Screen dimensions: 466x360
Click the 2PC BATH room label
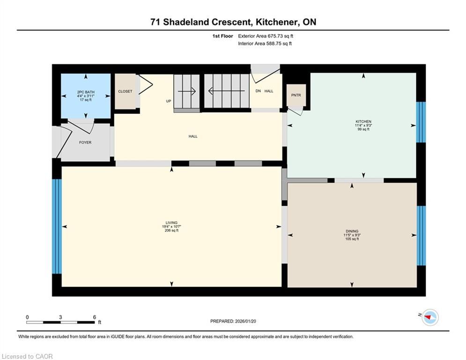pos(86,92)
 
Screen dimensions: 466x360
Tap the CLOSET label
pos(125,91)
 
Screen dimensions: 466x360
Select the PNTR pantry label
pos(296,95)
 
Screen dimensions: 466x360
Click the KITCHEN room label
pos(363,121)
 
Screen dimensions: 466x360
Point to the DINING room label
pos(352,231)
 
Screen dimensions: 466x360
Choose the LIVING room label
pos(171,223)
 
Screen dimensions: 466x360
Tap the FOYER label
pos(85,142)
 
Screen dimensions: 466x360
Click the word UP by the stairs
pos(169,101)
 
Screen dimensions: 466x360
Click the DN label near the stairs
pos(258,91)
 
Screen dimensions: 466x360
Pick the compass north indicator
pos(429,317)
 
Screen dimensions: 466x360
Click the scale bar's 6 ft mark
pos(95,317)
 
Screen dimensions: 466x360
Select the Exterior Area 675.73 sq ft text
pos(266,36)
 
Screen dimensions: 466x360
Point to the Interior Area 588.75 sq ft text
pos(265,44)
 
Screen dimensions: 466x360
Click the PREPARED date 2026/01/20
pos(245,321)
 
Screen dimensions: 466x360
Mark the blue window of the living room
pos(57,226)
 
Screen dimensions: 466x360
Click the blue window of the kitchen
pos(421,122)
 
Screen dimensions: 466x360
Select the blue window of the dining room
pos(421,236)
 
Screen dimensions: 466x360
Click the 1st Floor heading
pos(222,36)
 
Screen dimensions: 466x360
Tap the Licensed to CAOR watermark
pos(27,356)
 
